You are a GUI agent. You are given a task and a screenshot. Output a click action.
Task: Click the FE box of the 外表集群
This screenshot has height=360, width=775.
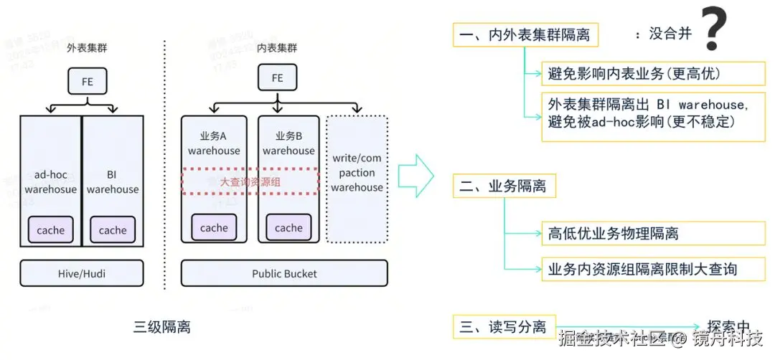tap(87, 82)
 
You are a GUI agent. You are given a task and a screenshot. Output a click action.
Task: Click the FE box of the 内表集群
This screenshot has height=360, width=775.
tap(277, 78)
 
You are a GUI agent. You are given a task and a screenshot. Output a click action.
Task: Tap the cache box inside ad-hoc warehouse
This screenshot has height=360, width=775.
tap(51, 230)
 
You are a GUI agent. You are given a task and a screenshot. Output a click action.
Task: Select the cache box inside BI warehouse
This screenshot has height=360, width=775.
tap(113, 230)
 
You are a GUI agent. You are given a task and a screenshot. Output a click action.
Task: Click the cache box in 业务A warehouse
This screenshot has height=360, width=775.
tap(214, 228)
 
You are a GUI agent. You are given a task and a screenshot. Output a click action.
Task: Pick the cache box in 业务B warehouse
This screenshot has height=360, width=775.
tap(288, 228)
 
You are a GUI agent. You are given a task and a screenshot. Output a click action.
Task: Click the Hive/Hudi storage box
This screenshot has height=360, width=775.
tap(82, 273)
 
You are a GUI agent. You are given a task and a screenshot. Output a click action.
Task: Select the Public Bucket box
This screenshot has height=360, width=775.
tap(284, 273)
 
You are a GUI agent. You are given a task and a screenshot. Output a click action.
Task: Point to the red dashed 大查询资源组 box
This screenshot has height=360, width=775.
tap(250, 181)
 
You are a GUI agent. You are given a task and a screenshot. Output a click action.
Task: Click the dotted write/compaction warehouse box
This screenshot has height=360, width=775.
tap(357, 179)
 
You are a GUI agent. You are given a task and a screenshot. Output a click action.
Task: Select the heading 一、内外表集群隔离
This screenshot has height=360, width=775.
tap(525, 34)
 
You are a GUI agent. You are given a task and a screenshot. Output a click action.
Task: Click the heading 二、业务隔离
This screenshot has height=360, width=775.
tap(504, 186)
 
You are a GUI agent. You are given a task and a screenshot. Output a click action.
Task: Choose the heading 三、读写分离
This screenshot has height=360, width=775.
tap(504, 327)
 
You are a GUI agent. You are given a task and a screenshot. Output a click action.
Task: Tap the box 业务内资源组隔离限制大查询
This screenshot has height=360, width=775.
tap(642, 269)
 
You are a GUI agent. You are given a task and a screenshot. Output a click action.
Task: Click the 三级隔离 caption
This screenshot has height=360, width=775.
tap(162, 327)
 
